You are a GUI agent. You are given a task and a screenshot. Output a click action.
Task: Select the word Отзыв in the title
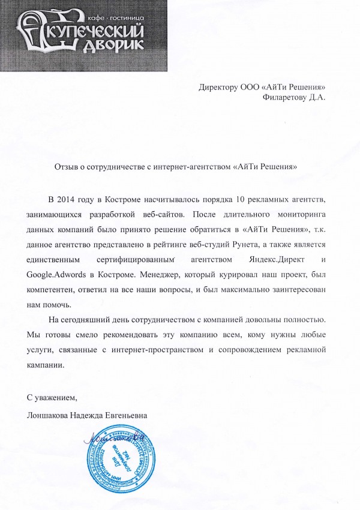point(66,165)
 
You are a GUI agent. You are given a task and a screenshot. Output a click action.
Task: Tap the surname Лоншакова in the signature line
point(49,415)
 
